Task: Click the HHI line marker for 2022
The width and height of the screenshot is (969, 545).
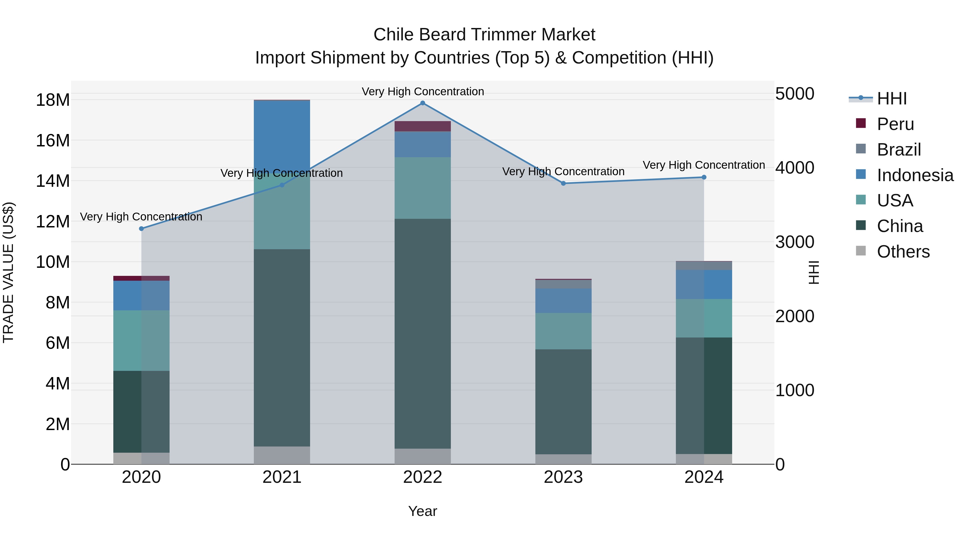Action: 422,103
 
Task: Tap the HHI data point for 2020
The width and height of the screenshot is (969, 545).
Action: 141,229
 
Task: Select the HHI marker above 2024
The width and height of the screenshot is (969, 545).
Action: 704,177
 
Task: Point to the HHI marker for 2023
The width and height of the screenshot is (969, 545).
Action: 563,184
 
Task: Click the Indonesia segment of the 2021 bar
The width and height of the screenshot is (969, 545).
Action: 282,135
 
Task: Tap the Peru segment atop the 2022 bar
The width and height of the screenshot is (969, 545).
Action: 422,126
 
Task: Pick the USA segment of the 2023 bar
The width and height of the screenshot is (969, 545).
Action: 563,331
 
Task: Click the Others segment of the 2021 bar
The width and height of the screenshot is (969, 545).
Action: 282,455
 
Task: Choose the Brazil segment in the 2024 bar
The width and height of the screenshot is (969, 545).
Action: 704,266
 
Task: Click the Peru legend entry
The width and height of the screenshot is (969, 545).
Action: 895,124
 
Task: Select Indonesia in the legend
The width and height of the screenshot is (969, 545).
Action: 915,175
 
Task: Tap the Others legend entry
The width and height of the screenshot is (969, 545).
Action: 903,252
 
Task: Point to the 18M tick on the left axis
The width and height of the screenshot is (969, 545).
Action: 53,100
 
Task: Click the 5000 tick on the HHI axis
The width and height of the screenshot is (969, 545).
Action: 795,94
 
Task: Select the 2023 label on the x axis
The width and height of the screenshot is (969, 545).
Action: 563,477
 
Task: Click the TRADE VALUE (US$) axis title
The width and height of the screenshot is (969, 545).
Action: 8,272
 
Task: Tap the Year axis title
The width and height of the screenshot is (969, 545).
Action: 422,511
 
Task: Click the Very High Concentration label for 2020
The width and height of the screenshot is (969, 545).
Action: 141,217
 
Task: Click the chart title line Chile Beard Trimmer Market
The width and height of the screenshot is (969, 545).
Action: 484,35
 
